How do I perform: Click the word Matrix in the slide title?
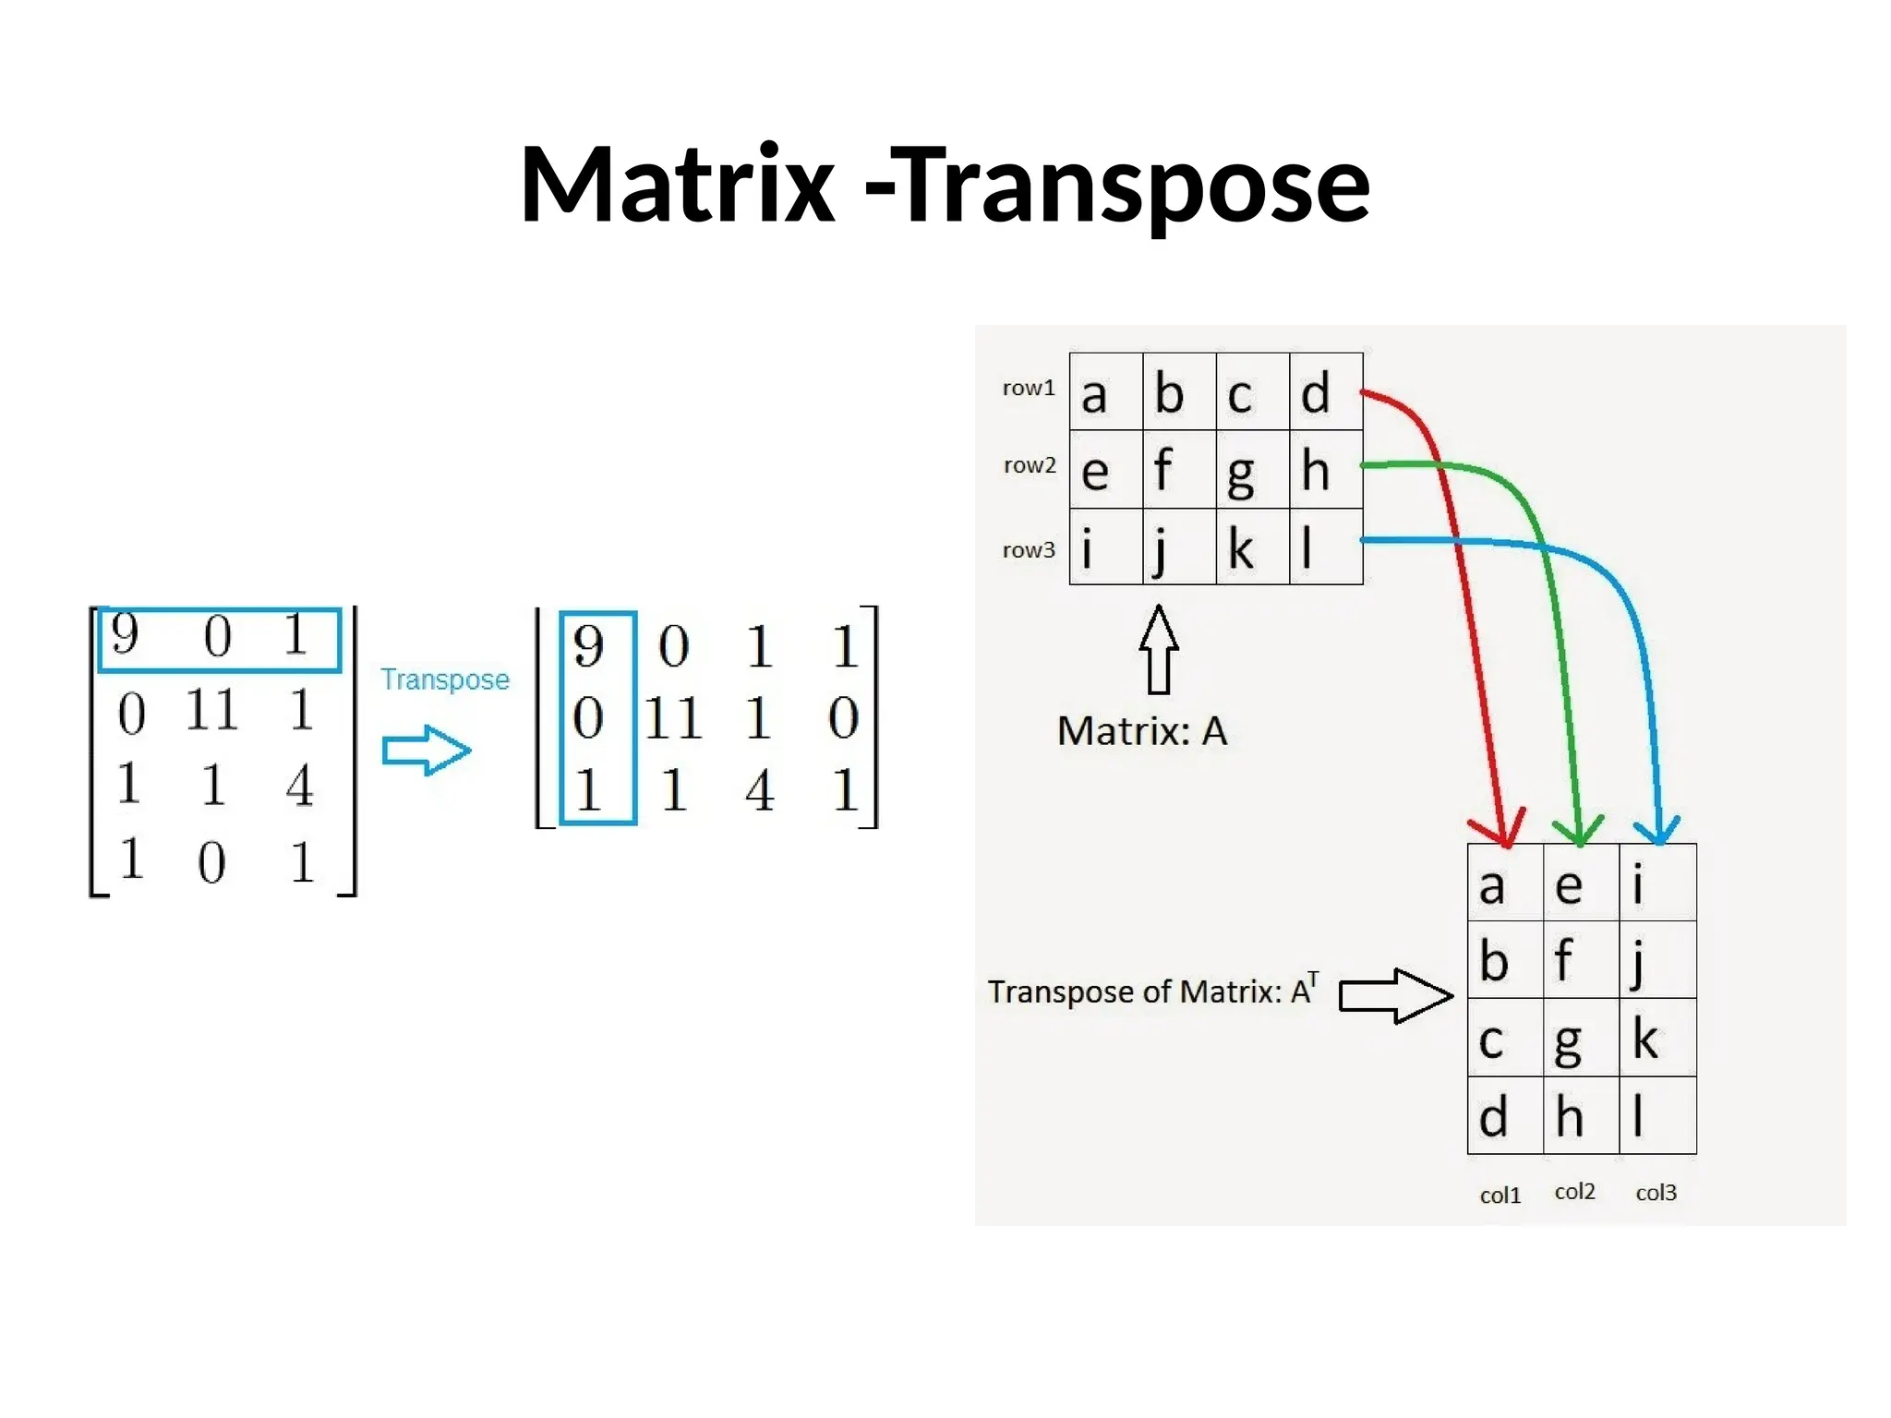point(678,185)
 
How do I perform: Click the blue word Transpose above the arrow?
point(445,679)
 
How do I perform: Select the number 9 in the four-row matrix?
point(125,634)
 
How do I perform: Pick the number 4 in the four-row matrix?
point(299,787)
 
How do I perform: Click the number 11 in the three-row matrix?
point(673,718)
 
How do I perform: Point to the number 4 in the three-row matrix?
point(759,791)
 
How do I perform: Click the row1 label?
point(1029,388)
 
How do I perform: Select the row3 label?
point(1029,550)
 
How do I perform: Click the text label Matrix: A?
point(1142,731)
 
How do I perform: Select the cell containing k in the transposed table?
point(1657,1038)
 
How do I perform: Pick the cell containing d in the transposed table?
point(1505,1116)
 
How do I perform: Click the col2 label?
point(1574,1192)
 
